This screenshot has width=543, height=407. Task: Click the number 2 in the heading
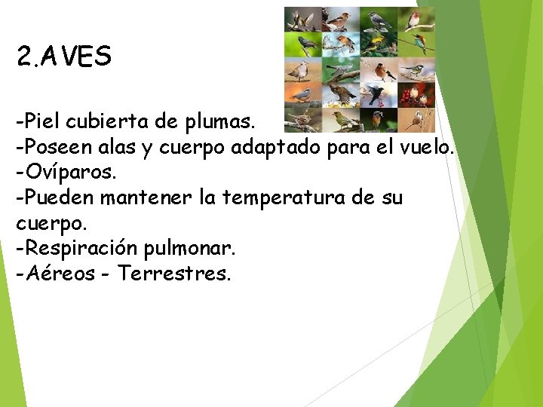[23, 57]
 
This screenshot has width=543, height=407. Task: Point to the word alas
[122, 147]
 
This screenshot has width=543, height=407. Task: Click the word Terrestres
[174, 274]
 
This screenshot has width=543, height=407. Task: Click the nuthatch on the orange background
[302, 95]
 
